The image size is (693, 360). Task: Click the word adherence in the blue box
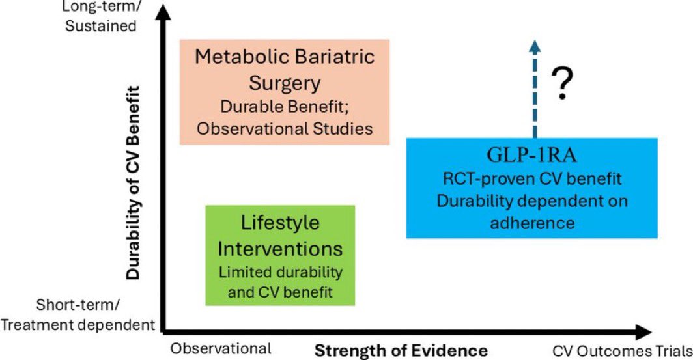tap(532, 223)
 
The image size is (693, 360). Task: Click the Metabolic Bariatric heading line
tap(285, 57)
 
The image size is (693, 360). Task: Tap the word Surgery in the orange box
tap(285, 83)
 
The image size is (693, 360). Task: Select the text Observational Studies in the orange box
tap(285, 128)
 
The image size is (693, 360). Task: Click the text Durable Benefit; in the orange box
tap(285, 107)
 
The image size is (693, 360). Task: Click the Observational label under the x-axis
tap(221, 348)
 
